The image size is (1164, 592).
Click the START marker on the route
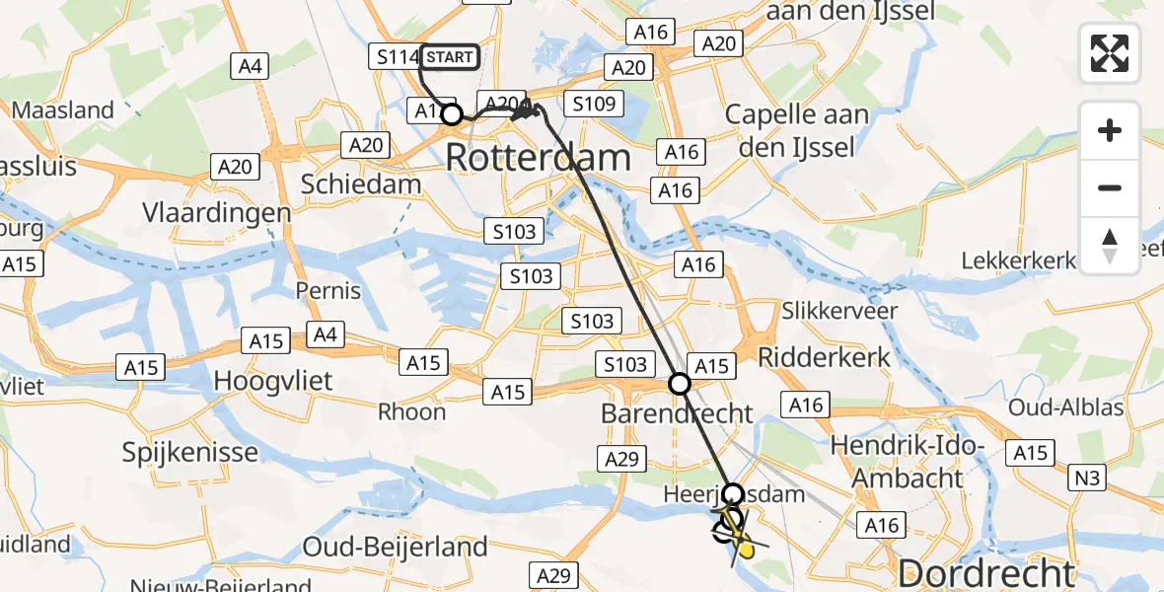pos(450,57)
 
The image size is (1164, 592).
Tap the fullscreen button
pos(1110,53)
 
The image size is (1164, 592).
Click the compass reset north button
pos(1110,246)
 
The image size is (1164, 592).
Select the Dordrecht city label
pos(986,573)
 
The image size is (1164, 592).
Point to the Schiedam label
pos(360,184)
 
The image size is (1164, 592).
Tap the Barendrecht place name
pos(677,413)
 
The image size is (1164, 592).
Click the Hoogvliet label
pos(273,381)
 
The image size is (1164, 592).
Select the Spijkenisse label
pos(189,453)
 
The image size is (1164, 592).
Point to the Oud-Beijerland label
pos(395,547)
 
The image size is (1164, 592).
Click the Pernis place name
pos(328,292)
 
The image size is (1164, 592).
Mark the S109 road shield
pos(593,103)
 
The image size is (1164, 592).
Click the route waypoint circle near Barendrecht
pos(680,384)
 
